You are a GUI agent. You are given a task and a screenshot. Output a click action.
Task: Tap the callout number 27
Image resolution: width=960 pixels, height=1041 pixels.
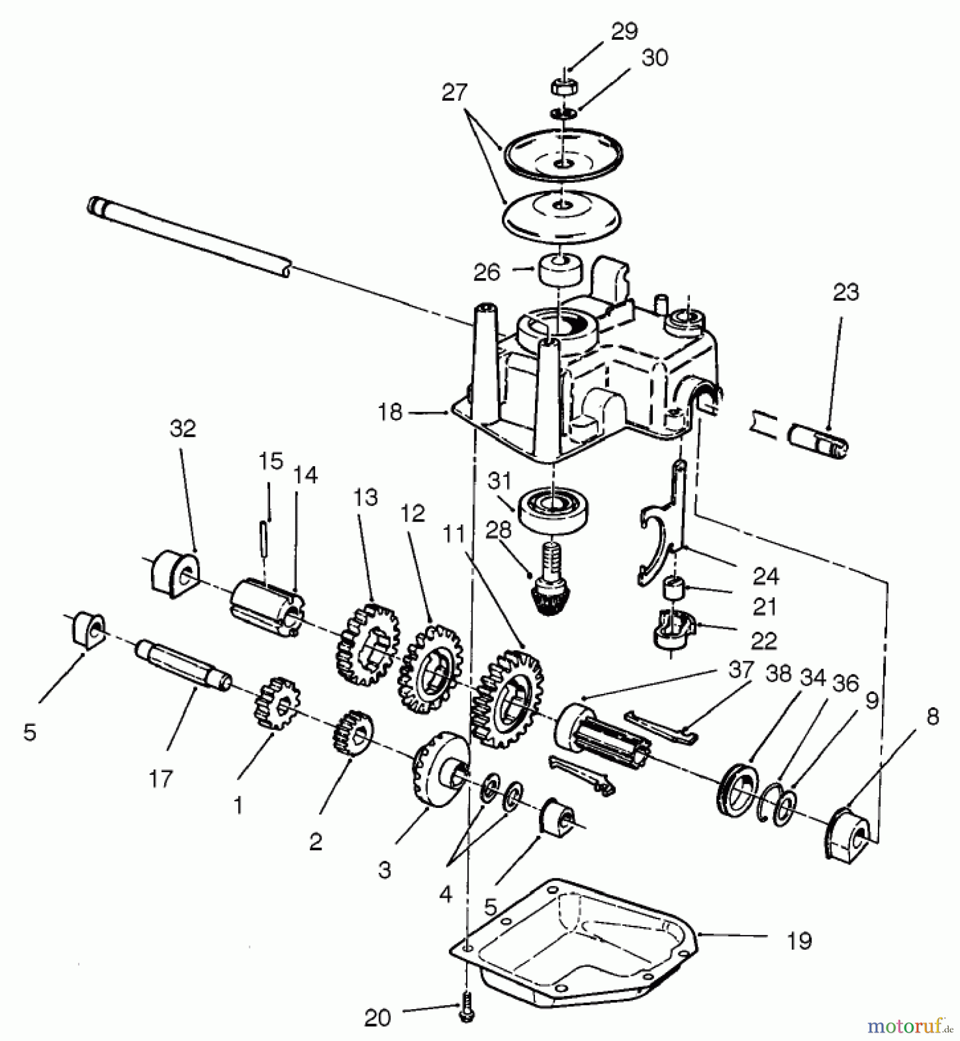tap(455, 93)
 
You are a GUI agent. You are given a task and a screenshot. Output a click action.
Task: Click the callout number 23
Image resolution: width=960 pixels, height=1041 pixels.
tap(845, 293)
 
